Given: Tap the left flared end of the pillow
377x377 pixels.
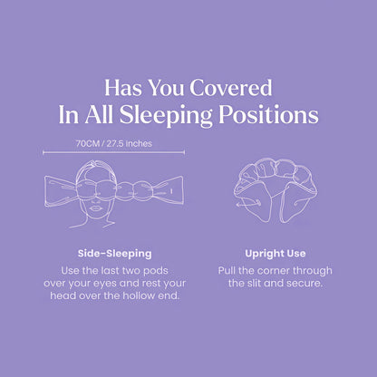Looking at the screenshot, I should coord(56,189).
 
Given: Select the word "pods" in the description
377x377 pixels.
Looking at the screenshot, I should coord(167,270).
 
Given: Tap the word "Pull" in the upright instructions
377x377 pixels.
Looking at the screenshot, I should coord(228,270).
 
